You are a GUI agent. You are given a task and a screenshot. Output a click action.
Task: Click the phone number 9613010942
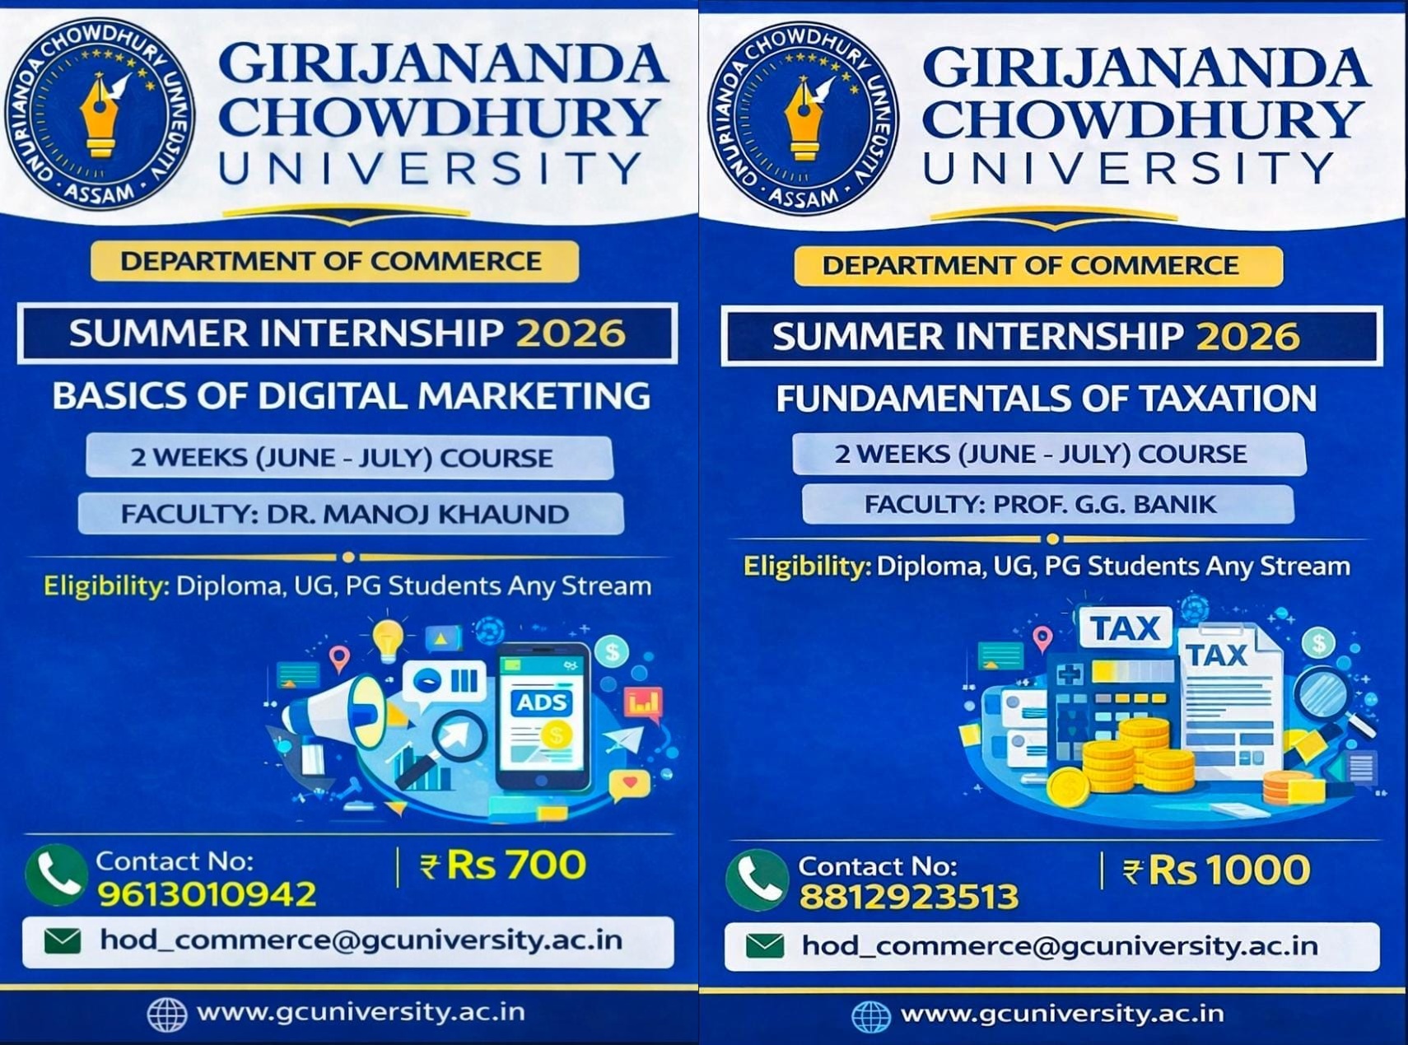207,894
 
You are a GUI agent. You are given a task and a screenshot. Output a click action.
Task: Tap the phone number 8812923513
909,897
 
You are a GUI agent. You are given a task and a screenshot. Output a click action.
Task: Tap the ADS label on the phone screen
542,702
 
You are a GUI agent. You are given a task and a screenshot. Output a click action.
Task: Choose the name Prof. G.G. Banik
1104,504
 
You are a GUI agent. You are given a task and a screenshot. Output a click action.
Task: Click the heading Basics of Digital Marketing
352,396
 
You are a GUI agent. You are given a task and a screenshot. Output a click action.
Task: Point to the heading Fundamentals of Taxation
1047,399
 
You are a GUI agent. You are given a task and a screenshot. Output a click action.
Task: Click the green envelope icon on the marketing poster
63,940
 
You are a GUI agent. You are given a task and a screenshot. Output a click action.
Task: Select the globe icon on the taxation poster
871,1016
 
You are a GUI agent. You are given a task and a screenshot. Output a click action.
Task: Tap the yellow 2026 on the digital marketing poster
571,334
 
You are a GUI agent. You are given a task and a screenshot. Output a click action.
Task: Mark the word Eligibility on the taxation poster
807,566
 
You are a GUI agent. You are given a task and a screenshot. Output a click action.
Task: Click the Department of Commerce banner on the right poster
1038,266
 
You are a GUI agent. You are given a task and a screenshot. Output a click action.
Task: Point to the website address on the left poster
361,1012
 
